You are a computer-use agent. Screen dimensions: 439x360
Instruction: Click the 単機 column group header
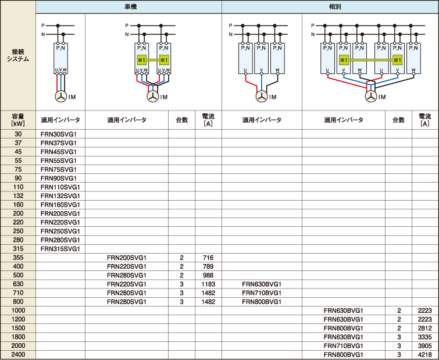130,7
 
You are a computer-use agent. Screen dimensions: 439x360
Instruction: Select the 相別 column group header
334,7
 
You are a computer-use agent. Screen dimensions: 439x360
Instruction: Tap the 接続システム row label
18,55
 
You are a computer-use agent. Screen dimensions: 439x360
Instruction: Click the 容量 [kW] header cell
18,120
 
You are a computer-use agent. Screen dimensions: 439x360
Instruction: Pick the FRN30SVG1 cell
59,134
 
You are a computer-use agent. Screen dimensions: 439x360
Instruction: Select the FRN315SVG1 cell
60,248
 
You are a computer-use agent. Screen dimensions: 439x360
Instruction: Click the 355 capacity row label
18,258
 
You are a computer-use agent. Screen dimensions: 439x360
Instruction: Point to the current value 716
208,258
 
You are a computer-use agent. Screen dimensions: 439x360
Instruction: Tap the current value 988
208,275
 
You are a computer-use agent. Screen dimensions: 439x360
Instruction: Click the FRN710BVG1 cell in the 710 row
262,293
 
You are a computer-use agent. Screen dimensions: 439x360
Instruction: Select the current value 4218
424,355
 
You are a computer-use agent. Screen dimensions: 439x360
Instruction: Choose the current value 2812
424,328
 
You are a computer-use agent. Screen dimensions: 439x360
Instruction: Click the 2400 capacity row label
18,355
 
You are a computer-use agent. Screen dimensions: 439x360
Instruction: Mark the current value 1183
208,284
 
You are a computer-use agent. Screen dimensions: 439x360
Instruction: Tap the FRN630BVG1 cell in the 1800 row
343,337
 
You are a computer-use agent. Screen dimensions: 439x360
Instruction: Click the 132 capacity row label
18,195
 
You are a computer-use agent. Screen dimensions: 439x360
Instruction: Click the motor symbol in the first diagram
60,97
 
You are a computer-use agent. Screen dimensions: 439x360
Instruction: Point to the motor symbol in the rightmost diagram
371,97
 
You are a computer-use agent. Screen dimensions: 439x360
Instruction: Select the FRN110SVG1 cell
60,187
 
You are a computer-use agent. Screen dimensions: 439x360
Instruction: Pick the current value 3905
424,345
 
